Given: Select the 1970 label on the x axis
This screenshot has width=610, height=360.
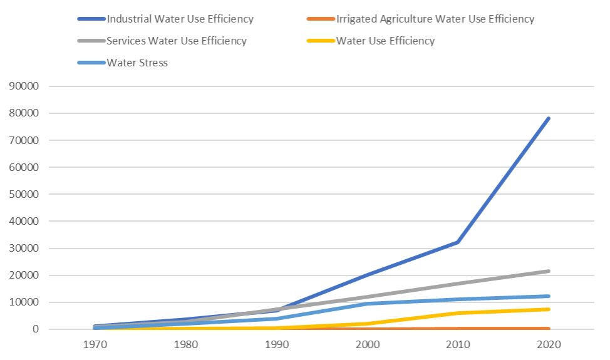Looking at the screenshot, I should tap(94, 346).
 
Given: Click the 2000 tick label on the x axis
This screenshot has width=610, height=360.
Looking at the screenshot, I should tap(367, 346).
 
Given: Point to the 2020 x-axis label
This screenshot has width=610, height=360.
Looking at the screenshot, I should tap(549, 346).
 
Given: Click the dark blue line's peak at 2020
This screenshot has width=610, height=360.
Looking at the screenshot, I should tap(549, 118).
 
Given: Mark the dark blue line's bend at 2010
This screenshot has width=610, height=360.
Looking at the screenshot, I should tap(458, 242).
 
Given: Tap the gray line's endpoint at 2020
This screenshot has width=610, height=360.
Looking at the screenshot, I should tap(549, 271).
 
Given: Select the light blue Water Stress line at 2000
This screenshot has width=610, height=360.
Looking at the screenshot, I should tap(367, 304).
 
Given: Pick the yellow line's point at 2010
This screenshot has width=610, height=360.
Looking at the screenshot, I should tap(458, 313).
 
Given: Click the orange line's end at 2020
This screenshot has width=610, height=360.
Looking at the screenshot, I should tap(549, 328).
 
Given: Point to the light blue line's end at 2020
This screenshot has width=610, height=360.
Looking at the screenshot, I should tap(549, 296).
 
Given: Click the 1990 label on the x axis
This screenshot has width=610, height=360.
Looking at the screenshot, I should tap(276, 346).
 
